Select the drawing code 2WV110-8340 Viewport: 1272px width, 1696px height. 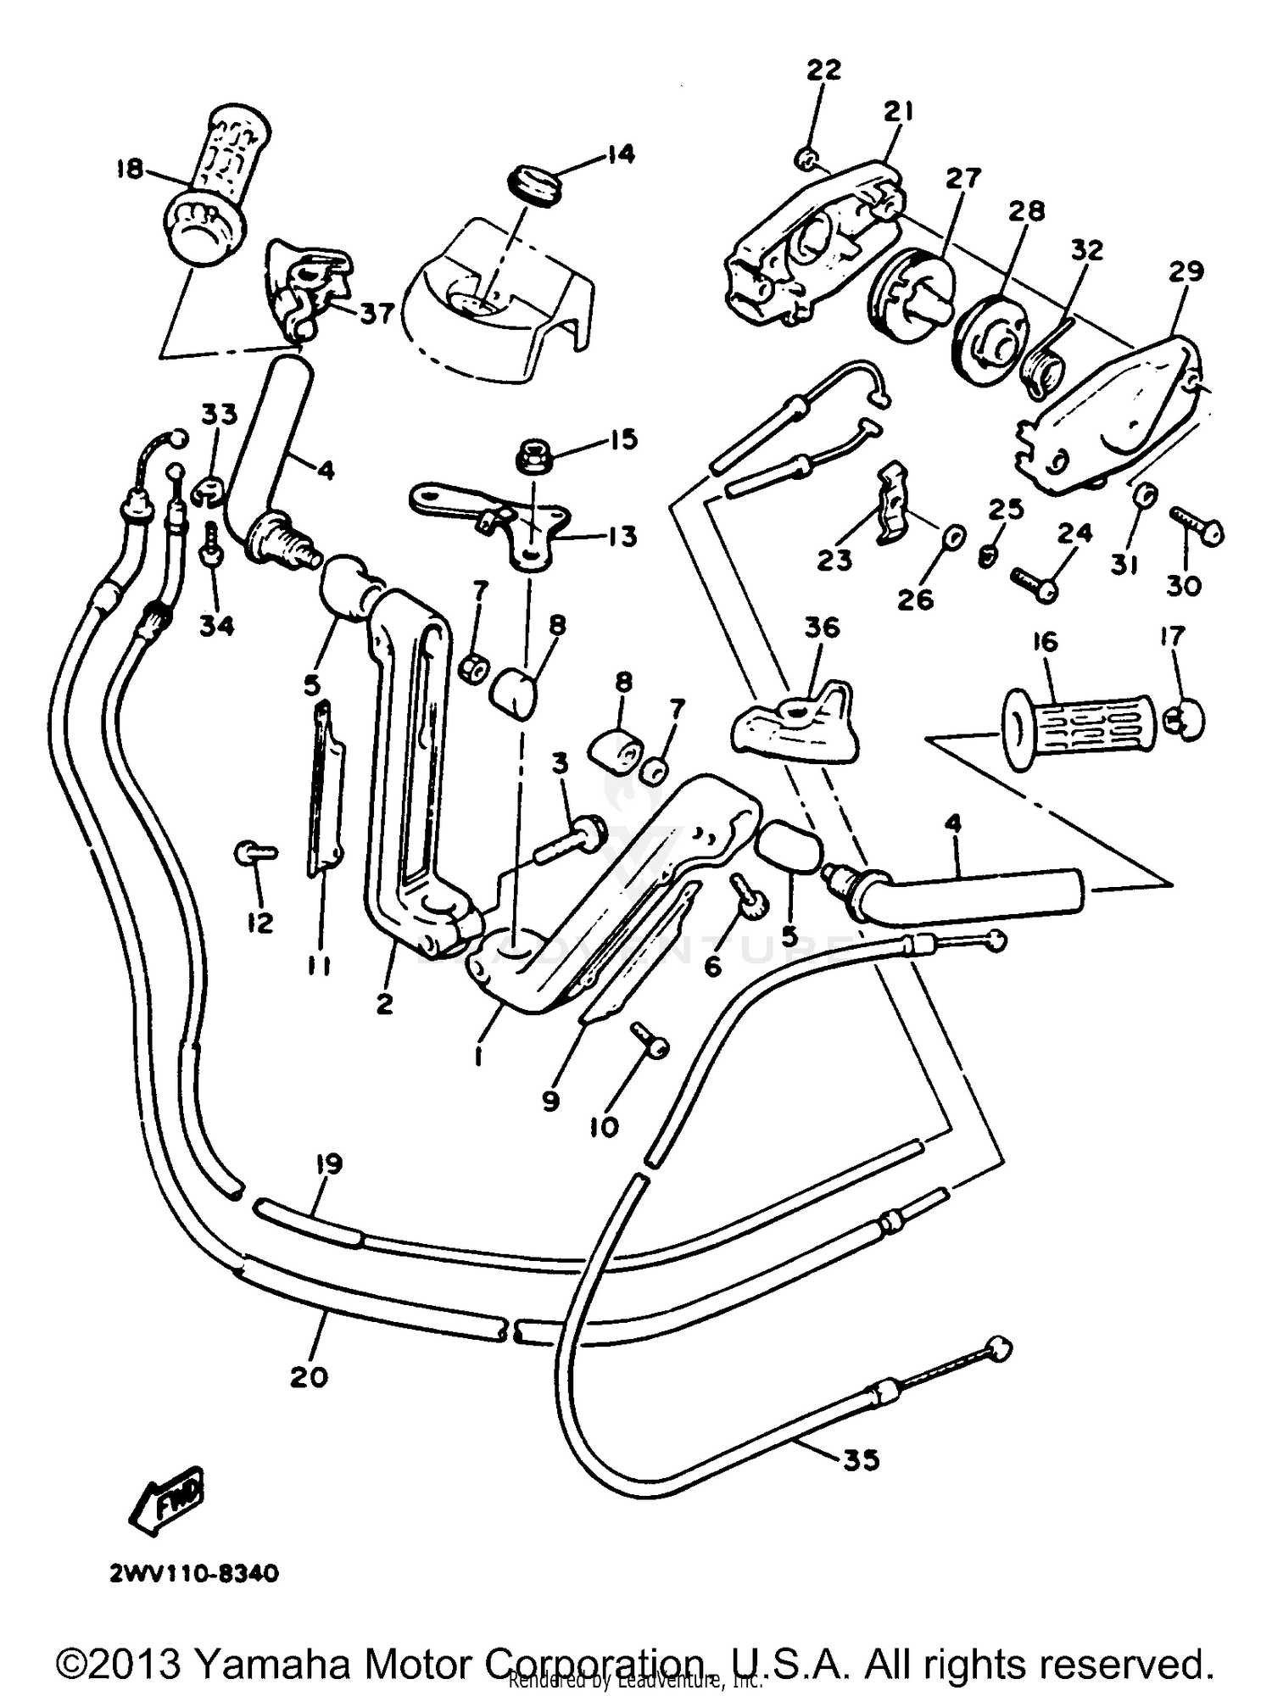(x=193, y=1574)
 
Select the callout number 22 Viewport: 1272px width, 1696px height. (x=823, y=69)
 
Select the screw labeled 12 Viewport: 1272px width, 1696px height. (x=251, y=852)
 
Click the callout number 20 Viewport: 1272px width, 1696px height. (x=308, y=1376)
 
